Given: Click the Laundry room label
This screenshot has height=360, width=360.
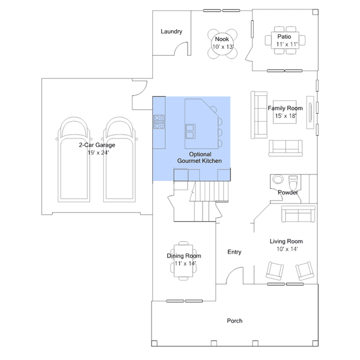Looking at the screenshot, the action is click(171, 32).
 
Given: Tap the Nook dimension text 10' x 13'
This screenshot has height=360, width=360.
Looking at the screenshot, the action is click(223, 47).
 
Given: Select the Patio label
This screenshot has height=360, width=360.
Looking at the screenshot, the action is click(284, 37).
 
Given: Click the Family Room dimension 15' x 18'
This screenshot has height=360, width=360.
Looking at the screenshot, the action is click(286, 115).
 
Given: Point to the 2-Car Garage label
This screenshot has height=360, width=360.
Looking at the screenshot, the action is click(97, 145).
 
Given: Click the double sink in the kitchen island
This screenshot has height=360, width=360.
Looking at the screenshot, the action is click(190, 131).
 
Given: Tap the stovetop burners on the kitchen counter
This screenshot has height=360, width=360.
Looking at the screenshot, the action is click(159, 122).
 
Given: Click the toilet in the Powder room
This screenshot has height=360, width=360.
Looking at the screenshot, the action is click(293, 181).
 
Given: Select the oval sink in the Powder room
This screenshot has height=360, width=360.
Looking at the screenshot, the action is click(278, 179).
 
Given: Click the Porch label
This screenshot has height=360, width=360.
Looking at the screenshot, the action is click(234, 321).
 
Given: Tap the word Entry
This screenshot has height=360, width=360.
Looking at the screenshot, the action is click(234, 252).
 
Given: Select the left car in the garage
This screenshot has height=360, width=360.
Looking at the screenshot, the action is click(74, 159).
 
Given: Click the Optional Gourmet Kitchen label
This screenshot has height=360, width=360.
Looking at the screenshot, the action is click(199, 158).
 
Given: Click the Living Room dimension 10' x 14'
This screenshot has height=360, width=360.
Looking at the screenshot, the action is click(287, 249).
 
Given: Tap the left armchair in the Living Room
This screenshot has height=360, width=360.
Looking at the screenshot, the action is click(275, 271).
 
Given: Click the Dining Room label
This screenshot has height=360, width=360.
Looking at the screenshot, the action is click(184, 256).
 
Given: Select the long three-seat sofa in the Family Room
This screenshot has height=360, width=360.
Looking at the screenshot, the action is click(259, 115).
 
